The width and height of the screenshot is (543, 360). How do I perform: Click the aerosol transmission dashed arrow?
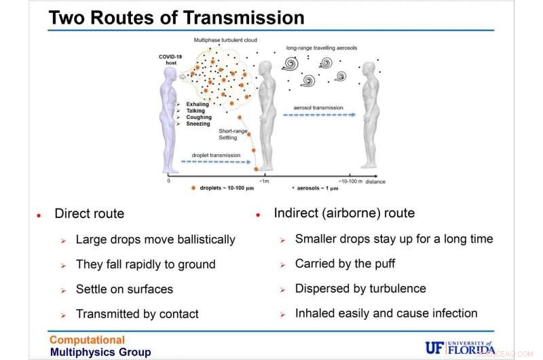(319, 115)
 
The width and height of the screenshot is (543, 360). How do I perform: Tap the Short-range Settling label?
(232, 133)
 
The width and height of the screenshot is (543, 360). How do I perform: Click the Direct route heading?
(89, 214)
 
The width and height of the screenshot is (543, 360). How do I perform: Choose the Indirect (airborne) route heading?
(344, 213)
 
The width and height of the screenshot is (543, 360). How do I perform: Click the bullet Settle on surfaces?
(124, 289)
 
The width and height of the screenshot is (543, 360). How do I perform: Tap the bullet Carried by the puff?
(345, 264)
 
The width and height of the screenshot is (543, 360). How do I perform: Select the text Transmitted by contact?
(137, 314)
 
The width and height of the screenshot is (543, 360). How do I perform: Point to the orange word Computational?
(88, 340)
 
